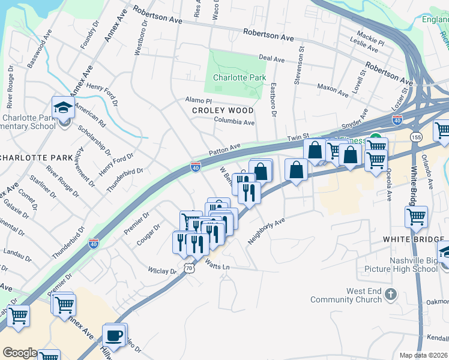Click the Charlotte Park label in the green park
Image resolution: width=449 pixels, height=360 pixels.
[239, 78]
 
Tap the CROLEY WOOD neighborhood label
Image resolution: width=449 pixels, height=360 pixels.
[223, 111]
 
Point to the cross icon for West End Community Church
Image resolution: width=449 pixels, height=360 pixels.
[391, 294]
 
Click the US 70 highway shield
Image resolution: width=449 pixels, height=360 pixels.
[189, 269]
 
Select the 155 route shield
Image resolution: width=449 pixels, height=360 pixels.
[416, 137]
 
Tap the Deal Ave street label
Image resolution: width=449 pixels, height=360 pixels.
[271, 59]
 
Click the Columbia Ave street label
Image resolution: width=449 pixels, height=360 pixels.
[235, 122]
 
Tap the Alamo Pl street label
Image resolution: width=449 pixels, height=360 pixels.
[199, 100]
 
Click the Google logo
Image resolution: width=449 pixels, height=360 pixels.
[20, 353]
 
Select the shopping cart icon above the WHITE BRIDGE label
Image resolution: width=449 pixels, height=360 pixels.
[416, 217]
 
